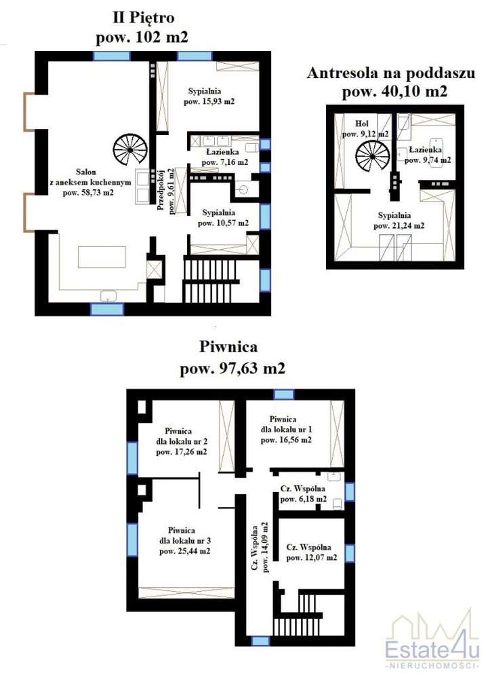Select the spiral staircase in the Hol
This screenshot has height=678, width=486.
point(372,161)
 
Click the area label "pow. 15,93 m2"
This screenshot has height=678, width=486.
point(209,102)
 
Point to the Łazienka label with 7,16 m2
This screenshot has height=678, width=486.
point(218,157)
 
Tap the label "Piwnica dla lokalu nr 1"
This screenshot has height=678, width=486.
point(285,429)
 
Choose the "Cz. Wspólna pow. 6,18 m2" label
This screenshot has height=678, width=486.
point(303,493)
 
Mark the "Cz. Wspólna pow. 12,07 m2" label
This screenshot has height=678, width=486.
point(312,552)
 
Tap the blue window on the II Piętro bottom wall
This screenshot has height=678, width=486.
point(107,309)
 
